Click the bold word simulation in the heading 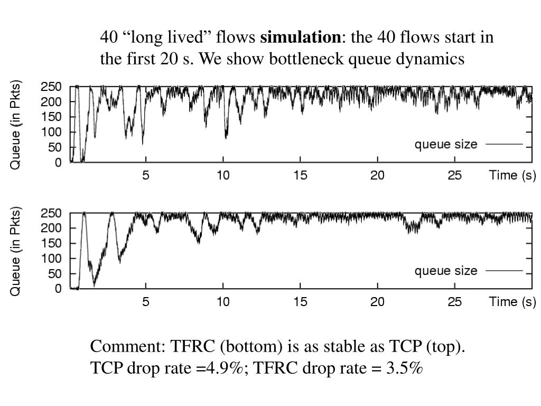pyautogui.click(x=301, y=38)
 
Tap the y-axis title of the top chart pyautogui.click(x=16, y=125)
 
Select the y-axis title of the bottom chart pyautogui.click(x=16, y=251)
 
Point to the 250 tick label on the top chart pyautogui.click(x=51, y=87)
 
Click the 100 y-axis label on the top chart pyautogui.click(x=51, y=132)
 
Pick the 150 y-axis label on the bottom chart pyautogui.click(x=51, y=243)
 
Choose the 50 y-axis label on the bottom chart pyautogui.click(x=54, y=274)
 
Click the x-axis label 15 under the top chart pyautogui.click(x=300, y=176)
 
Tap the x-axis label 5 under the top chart pyautogui.click(x=146, y=176)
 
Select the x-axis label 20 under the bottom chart pyautogui.click(x=377, y=302)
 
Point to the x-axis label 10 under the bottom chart pyautogui.click(x=223, y=302)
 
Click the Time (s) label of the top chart pyautogui.click(x=512, y=176)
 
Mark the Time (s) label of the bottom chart pyautogui.click(x=512, y=302)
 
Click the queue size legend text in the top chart pyautogui.click(x=445, y=144)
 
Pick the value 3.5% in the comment pyautogui.click(x=404, y=368)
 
